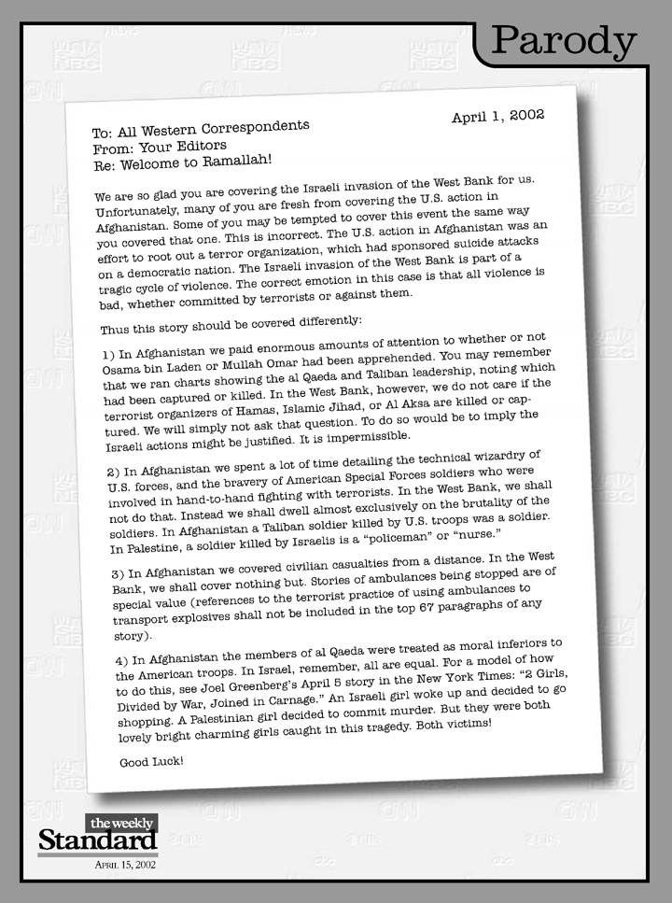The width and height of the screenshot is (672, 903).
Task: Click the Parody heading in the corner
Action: [x=563, y=41]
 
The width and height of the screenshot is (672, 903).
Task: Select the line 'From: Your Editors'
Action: [x=160, y=148]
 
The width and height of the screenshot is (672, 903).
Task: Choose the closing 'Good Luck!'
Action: [x=151, y=761]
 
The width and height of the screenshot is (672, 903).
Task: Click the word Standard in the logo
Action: [x=96, y=840]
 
